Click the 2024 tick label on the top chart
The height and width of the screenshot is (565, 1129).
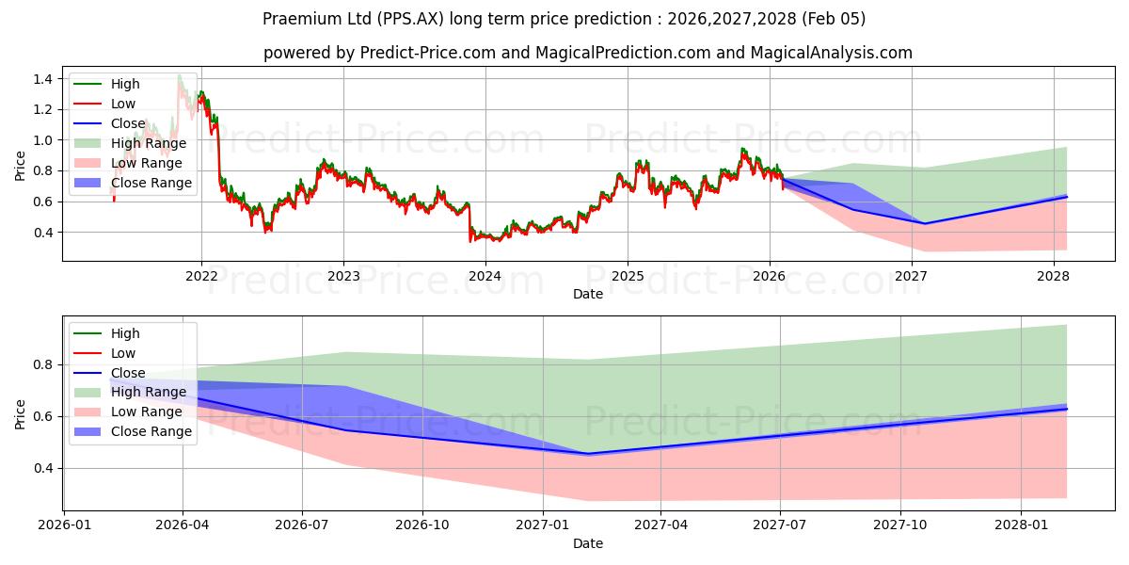[x=485, y=276]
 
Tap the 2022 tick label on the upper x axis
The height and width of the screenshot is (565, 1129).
[x=201, y=276]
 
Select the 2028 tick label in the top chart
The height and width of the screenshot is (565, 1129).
[x=1053, y=276]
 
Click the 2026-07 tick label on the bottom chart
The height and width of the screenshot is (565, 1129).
[x=302, y=525]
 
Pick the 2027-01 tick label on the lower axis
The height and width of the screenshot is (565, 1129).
[x=542, y=525]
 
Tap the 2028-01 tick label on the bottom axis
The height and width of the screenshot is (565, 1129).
[x=1021, y=525]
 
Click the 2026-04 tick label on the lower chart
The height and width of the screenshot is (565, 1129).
[x=183, y=525]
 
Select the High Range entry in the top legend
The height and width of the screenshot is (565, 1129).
[x=149, y=143]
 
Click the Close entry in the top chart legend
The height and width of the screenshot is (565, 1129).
[x=128, y=123]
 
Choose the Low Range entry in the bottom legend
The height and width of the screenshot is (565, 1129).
[x=147, y=412]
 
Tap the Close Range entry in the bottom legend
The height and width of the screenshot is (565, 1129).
[x=151, y=431]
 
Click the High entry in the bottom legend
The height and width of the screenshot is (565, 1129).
[x=125, y=333]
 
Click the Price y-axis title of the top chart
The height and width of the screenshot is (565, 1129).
[x=21, y=166]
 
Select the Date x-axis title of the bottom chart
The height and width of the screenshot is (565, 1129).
[x=588, y=543]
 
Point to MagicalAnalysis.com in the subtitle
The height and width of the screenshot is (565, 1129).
[x=831, y=53]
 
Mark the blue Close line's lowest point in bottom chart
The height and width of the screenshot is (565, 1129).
[x=589, y=454]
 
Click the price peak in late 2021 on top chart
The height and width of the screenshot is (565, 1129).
[x=179, y=74]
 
